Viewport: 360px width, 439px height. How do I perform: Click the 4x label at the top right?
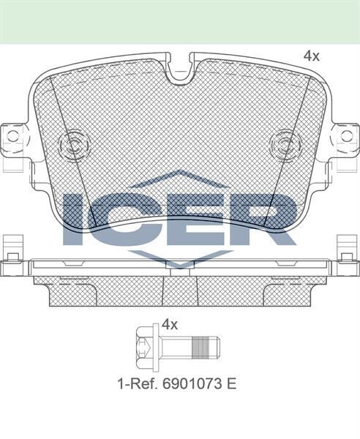tap(312, 56)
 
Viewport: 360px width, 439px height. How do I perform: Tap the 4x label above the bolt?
tap(170, 323)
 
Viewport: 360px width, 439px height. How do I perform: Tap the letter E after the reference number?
tap(232, 383)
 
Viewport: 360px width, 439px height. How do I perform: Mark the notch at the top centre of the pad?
tap(180, 72)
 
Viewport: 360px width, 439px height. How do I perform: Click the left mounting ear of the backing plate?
tap(13, 137)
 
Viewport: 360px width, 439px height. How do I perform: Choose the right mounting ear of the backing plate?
tap(345, 137)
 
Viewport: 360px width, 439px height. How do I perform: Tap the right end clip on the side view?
tap(346, 256)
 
